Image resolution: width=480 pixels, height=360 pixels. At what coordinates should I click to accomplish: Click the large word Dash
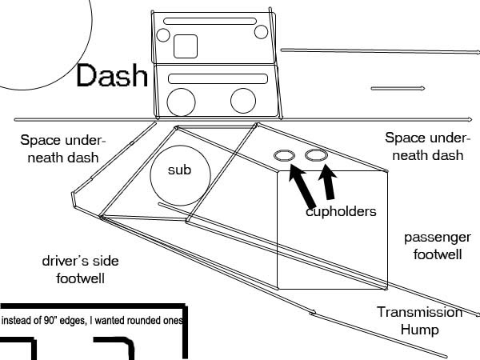112,75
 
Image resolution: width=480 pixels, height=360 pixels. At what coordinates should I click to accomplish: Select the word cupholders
341,212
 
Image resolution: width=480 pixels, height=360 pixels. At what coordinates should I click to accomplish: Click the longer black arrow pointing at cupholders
302,186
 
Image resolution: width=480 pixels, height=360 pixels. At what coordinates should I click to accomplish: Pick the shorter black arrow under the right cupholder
328,182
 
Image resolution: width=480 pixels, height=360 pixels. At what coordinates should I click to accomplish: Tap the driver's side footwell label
81,270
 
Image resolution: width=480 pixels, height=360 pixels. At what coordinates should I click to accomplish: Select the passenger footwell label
438,246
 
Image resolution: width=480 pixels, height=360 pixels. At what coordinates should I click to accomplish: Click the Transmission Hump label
420,321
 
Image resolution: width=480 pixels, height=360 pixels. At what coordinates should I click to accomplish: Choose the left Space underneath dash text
63,149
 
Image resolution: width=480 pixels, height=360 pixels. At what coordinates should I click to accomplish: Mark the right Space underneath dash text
427,146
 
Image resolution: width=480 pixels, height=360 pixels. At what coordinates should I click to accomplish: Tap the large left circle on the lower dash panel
167,102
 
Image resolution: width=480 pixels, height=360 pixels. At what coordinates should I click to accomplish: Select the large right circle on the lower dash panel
230,101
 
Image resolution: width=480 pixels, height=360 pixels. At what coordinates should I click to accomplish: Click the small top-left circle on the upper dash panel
157,35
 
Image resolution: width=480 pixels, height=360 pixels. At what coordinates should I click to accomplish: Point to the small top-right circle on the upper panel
254,32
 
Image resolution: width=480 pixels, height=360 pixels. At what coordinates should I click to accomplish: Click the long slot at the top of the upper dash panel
210,18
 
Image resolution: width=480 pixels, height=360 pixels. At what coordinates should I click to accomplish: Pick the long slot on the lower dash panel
218,74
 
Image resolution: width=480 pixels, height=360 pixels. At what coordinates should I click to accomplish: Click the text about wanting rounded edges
92,321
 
